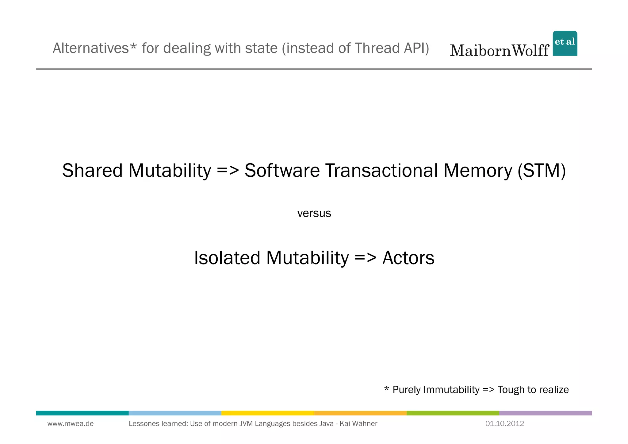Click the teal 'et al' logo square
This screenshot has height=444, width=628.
(x=565, y=43)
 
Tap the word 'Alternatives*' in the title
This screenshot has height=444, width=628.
(x=94, y=48)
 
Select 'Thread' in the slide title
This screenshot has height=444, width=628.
(x=377, y=48)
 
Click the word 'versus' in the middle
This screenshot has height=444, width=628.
(x=314, y=213)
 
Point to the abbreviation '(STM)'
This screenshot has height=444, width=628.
(x=542, y=171)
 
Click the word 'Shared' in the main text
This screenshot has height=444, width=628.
(x=92, y=171)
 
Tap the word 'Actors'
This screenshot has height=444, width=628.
(x=408, y=258)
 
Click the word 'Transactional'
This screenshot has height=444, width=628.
(x=381, y=171)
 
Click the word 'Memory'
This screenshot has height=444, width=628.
(x=477, y=171)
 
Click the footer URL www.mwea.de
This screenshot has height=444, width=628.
(x=71, y=424)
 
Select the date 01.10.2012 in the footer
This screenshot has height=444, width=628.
(x=504, y=424)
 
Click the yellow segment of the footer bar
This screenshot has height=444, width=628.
(x=267, y=413)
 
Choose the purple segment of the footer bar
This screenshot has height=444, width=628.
(x=545, y=413)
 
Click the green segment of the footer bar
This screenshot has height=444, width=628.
(x=453, y=413)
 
